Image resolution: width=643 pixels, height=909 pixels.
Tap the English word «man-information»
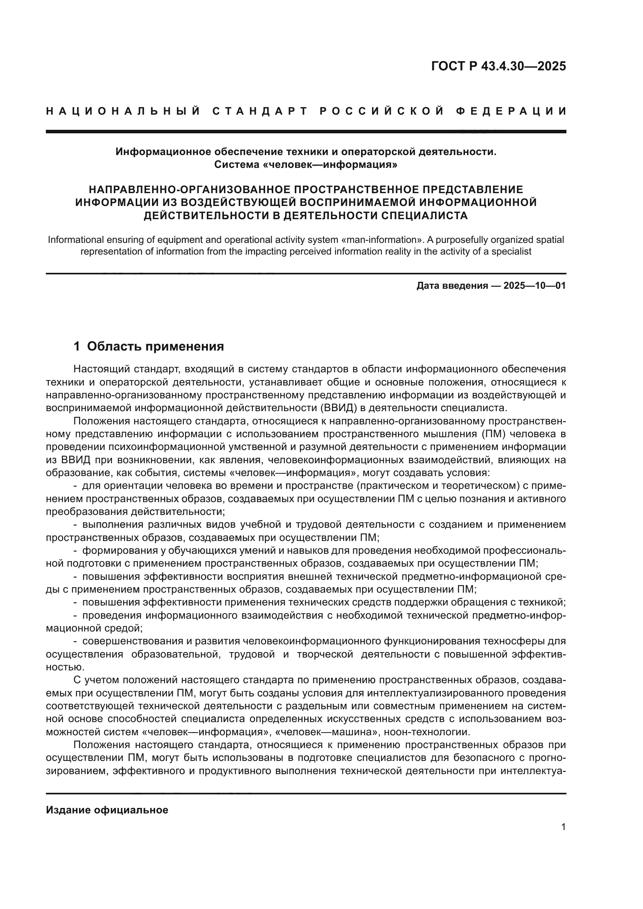coord(382,240)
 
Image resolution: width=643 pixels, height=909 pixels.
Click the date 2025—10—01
coord(535,286)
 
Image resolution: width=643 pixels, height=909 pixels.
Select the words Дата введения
coord(452,286)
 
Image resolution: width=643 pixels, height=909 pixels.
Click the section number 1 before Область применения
coord(77,346)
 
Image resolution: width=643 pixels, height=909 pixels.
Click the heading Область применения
coord(155,346)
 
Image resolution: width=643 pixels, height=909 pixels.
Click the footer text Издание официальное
coord(107,810)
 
